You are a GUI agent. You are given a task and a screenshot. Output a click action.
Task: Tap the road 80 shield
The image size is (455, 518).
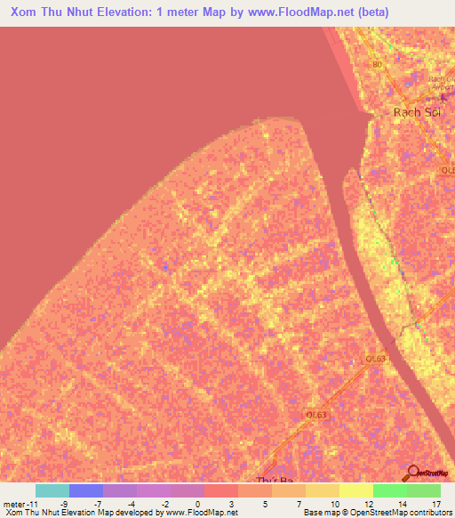377,65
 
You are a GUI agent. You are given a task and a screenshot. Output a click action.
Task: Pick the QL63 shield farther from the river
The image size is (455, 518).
315,414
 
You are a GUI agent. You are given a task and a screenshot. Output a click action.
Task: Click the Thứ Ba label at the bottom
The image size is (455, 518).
273,481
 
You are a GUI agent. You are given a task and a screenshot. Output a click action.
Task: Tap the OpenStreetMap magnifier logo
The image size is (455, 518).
412,473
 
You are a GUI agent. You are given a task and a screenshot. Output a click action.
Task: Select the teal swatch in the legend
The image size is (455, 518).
52,490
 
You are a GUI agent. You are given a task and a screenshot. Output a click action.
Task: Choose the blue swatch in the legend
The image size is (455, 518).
85,490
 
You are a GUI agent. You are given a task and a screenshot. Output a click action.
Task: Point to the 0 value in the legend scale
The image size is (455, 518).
198,504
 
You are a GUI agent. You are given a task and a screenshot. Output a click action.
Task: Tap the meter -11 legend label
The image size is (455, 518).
20,504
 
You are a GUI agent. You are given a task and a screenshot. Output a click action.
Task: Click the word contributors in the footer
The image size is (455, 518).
428,514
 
